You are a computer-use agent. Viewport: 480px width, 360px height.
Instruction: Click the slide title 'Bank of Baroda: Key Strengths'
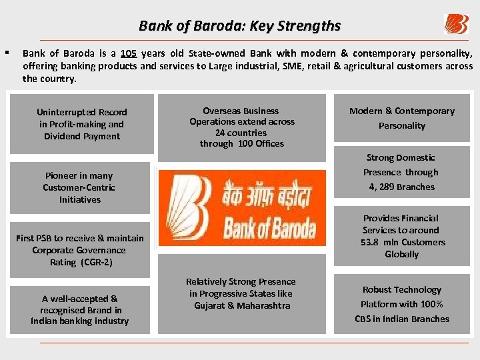tap(239, 26)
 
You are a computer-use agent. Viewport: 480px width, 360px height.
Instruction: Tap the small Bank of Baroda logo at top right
tap(456, 24)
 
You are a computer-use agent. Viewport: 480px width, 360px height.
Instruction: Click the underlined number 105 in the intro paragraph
tap(129, 53)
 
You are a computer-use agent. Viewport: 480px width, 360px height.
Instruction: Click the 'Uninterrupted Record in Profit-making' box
tap(82, 124)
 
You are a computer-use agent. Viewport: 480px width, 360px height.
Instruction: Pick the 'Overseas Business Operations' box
tap(241, 127)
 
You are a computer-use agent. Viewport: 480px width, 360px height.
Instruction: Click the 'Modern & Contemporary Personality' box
tap(401, 118)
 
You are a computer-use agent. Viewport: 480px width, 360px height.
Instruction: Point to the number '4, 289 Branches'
tap(401, 187)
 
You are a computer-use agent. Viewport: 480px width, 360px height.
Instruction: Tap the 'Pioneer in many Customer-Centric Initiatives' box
tap(79, 187)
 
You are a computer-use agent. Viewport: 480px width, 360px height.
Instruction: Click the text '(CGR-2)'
tap(96, 262)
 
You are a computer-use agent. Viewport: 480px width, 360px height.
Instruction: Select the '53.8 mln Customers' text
tap(403, 242)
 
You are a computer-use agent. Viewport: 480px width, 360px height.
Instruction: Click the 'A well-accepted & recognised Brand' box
tap(79, 310)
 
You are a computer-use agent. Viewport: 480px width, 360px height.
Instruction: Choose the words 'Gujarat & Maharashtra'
tap(242, 305)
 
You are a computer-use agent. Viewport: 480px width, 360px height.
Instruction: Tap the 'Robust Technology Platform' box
tap(401, 304)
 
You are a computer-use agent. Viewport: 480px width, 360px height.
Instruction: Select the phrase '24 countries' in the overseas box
tap(241, 133)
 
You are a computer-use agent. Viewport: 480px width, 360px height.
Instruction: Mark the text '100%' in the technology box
tap(432, 304)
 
